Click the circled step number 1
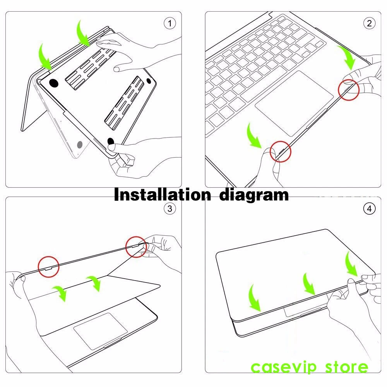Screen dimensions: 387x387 (170, 24)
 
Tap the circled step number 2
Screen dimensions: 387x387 (369, 24)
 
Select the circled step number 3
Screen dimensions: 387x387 (170, 209)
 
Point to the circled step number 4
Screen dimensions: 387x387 (369, 209)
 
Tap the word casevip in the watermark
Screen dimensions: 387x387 (284, 367)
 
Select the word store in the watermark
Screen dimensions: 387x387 (346, 367)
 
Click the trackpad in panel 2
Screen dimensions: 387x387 (295, 104)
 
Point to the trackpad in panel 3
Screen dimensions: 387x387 (101, 331)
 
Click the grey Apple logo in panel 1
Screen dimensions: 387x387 (80, 145)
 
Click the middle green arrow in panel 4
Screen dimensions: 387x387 (308, 284)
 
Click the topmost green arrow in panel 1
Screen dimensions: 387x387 (83, 33)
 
